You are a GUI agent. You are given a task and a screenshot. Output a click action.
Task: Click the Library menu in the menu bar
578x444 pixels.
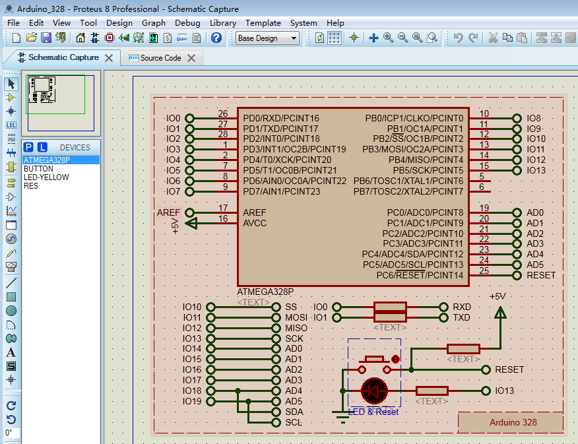click(222, 22)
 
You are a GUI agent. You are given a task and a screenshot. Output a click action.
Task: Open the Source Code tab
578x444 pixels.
click(160, 58)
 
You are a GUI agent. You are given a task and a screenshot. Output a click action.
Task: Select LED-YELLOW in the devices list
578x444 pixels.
click(46, 177)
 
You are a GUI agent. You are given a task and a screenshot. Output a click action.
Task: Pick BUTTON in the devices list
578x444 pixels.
click(38, 169)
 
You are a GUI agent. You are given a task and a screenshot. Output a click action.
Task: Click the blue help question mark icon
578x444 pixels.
click(216, 38)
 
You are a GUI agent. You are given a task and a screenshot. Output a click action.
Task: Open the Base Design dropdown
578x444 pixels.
click(267, 38)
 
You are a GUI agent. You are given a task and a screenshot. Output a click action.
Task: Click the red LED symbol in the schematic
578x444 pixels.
click(375, 391)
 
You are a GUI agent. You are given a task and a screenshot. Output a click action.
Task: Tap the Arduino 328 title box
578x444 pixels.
click(513, 422)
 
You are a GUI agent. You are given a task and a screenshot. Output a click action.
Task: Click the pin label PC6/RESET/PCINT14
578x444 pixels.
click(420, 275)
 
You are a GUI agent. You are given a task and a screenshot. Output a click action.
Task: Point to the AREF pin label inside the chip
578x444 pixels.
click(255, 212)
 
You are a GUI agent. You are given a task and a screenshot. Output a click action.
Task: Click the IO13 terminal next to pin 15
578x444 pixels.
click(536, 170)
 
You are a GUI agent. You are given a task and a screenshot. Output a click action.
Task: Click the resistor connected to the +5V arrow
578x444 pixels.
click(463, 349)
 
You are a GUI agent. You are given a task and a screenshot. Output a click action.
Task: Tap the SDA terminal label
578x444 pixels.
click(294, 412)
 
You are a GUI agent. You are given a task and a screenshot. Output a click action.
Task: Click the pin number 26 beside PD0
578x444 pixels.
click(223, 114)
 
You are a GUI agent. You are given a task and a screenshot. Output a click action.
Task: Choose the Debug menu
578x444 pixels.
click(187, 22)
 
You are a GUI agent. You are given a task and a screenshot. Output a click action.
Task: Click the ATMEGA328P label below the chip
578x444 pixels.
click(265, 292)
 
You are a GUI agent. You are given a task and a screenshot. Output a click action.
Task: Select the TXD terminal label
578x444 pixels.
click(462, 317)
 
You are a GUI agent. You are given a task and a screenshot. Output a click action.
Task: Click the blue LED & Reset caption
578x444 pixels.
click(373, 412)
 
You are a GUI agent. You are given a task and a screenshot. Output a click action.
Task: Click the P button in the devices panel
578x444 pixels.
click(28, 147)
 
